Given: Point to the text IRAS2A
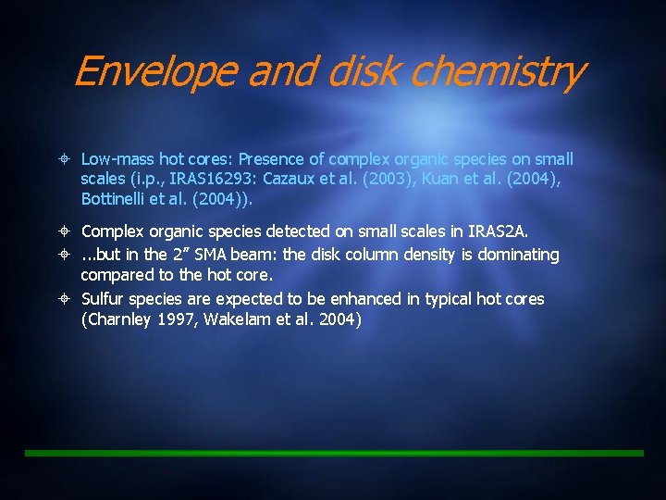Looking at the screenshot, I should click(498, 231).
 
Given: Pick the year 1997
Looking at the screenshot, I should click(179, 320).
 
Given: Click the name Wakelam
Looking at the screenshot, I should click(237, 320).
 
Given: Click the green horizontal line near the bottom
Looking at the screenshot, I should click(333, 453).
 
